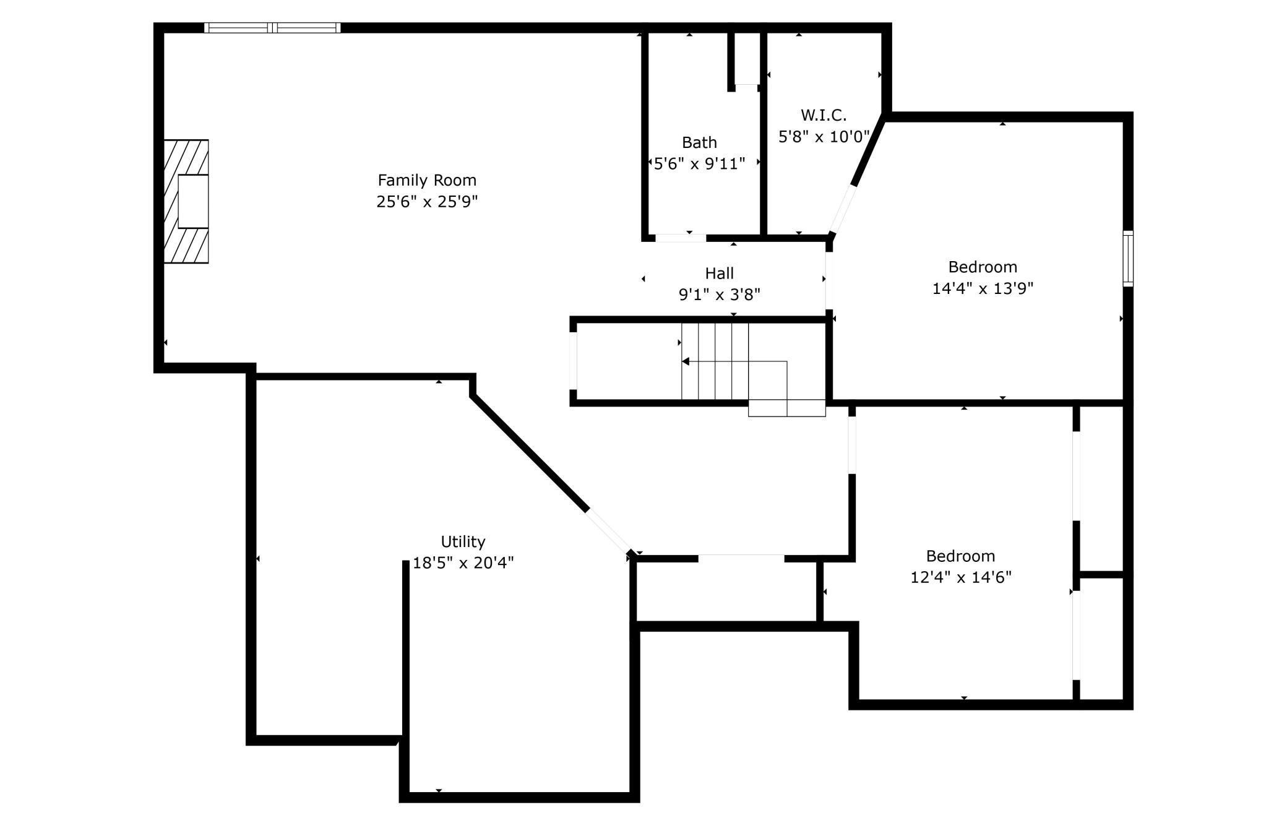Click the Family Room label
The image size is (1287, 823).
[x=427, y=180]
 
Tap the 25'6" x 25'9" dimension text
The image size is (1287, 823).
[x=427, y=202]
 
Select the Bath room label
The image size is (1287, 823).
[x=699, y=142]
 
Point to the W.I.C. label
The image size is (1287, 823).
[x=823, y=115]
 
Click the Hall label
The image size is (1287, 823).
[x=719, y=273]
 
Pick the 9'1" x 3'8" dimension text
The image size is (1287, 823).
[x=719, y=295]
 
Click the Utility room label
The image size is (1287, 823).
[x=463, y=541]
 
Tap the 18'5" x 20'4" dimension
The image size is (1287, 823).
[x=463, y=563]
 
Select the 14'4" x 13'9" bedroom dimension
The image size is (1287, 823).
[x=983, y=288]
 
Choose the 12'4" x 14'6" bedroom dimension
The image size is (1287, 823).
[x=960, y=577]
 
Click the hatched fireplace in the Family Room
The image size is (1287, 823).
[x=186, y=202]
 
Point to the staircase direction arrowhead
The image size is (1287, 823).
[x=686, y=361]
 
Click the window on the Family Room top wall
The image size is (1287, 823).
[x=272, y=28]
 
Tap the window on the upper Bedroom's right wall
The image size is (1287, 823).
[x=1128, y=258]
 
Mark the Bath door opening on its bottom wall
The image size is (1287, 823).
[x=680, y=238]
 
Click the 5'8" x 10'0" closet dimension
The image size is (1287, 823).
[x=823, y=137]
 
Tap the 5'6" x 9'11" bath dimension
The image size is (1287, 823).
[x=699, y=163]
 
